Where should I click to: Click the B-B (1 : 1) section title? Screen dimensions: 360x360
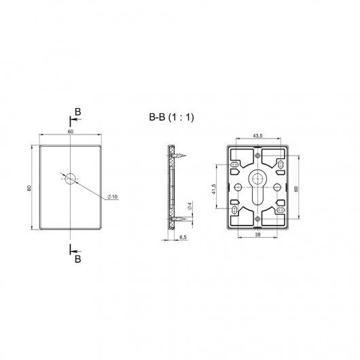[x=171, y=118]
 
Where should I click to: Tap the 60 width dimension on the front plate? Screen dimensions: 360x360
[x=71, y=132]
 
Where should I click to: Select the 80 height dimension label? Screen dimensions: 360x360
[x=29, y=188]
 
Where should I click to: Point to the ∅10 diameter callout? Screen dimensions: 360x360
[x=113, y=196]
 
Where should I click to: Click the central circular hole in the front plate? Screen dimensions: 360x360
[x=70, y=179]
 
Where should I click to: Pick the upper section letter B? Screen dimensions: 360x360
[x=78, y=112]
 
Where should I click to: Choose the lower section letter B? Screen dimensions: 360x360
[x=78, y=259]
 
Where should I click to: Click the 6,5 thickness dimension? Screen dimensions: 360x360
[x=183, y=237]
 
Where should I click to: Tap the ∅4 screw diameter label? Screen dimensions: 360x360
[x=190, y=206]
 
